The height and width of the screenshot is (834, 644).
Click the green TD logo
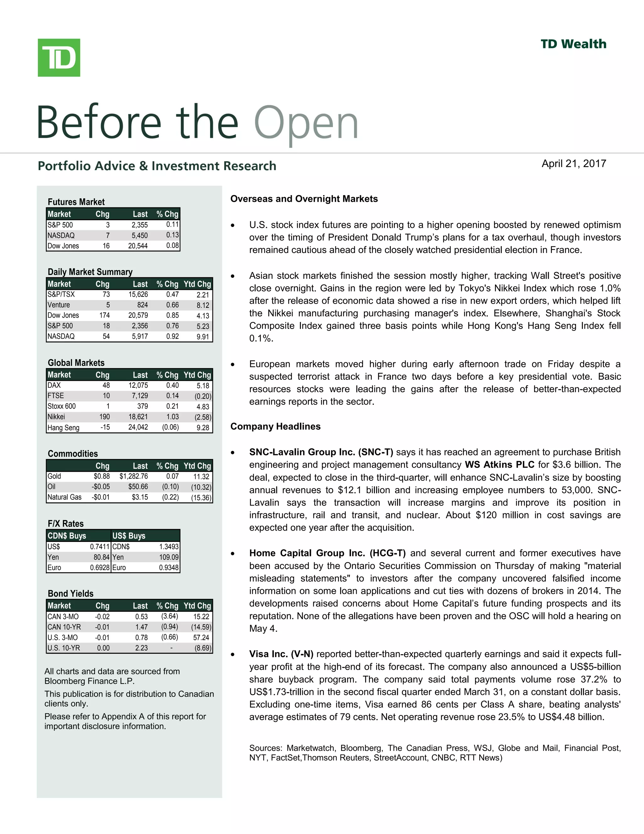coord(59,58)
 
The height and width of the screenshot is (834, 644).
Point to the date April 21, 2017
coord(574,164)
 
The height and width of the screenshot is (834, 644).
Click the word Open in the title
coord(306,123)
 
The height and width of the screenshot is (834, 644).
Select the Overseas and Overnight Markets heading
coord(304,199)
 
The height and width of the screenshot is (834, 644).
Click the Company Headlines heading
coord(275,426)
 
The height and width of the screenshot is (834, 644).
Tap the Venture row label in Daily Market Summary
coord(59,305)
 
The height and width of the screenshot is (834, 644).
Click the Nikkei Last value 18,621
coord(138,417)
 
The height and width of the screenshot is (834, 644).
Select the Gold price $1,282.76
coord(134,476)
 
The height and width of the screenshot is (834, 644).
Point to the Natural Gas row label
coord(64,497)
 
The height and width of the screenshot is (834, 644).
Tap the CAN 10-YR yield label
coord(64,627)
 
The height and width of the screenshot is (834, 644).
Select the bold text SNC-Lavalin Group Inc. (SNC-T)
coord(321,452)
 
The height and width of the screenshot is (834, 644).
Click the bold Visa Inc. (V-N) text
coord(281,654)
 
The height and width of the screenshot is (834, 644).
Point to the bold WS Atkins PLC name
coord(499,465)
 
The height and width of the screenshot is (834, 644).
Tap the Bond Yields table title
coord(70,594)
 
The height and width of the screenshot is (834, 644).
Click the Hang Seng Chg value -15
coord(105,427)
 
